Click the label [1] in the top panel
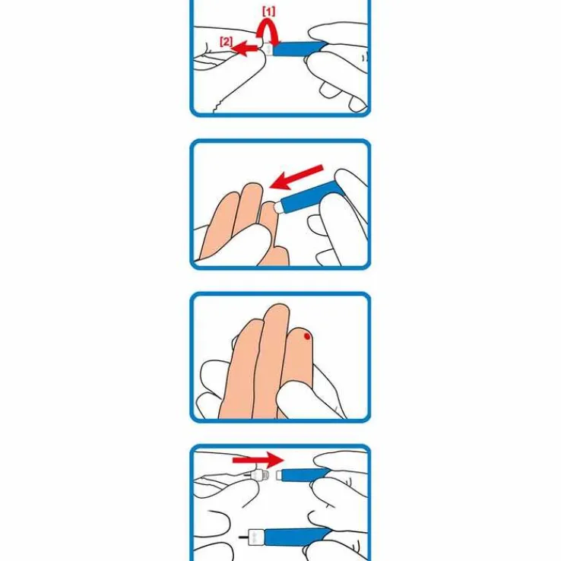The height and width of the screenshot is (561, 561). point(268,12)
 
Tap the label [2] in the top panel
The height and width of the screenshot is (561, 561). point(226,42)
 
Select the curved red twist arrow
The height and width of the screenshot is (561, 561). point(268,33)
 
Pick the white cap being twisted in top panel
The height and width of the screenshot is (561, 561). point(268,49)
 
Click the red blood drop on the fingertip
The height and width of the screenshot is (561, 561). point(307,336)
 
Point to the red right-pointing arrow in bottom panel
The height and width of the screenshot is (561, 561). point(258,460)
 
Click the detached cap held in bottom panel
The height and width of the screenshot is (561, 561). point(256,476)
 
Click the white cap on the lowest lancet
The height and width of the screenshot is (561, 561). point(256,537)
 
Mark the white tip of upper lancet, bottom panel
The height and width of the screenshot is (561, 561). point(279,476)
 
